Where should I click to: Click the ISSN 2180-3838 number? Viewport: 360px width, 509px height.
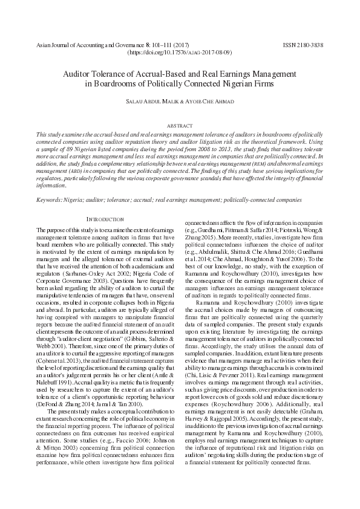tap(303, 45)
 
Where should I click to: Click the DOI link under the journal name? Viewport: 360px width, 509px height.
tap(180, 53)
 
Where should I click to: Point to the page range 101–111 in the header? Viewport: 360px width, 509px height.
tap(159, 45)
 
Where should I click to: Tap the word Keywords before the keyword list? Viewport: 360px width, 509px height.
tap(50, 199)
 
